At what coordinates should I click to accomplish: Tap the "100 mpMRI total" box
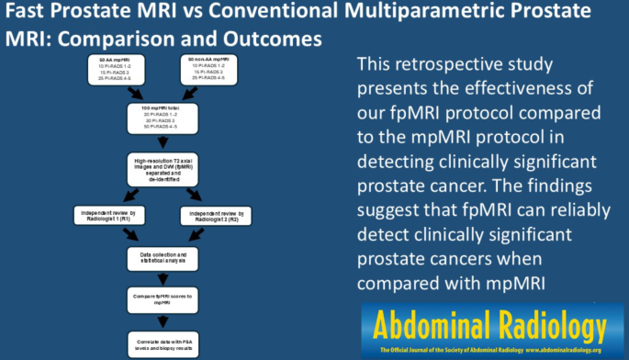(x=165, y=118)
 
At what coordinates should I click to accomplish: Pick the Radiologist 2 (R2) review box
(x=219, y=216)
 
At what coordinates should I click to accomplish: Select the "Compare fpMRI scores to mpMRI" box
(x=165, y=300)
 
